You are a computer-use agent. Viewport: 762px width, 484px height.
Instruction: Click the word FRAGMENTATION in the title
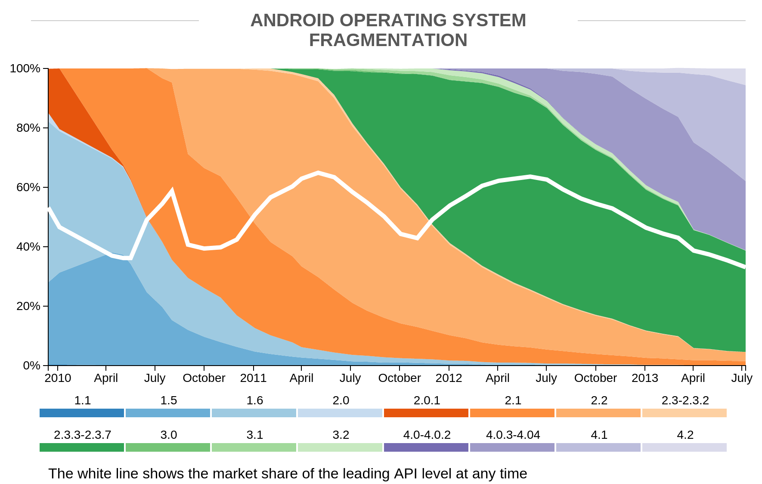point(388,40)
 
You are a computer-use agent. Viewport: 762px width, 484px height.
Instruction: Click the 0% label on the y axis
point(31,366)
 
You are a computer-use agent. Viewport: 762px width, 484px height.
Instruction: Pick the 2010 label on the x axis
point(58,378)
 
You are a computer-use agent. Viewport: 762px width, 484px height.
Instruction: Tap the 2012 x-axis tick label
point(449,378)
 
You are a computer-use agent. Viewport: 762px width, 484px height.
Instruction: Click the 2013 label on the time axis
point(644,378)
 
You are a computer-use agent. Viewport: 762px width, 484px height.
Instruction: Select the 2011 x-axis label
point(253,378)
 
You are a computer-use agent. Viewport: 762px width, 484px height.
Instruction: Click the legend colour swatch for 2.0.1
point(426,413)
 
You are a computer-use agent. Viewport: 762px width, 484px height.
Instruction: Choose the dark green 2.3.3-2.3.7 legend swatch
point(82,447)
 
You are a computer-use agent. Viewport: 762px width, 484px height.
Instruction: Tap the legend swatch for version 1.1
point(82,413)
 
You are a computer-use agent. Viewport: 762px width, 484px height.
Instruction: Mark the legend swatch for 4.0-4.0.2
point(426,447)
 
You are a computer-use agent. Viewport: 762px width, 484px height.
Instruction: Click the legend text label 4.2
point(685,435)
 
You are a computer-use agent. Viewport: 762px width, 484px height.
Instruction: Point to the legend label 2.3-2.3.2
point(685,400)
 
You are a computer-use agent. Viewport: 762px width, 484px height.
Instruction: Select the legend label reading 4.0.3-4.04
point(513,435)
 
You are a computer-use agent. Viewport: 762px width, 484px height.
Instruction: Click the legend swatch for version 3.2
point(340,447)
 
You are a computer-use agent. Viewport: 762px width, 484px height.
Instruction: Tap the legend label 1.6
point(254,400)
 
